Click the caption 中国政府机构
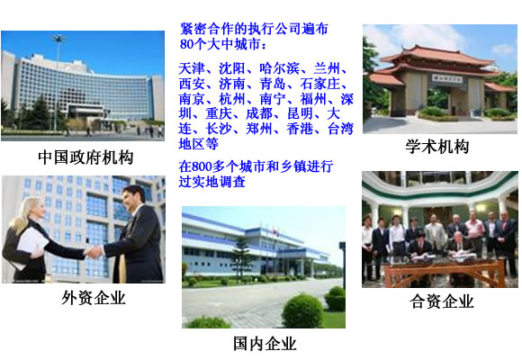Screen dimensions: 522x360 85,157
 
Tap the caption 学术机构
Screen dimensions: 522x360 437,147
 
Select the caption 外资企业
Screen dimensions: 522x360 94,298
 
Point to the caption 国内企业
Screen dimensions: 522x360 265,343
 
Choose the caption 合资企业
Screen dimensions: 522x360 441,301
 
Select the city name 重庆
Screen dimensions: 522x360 219,113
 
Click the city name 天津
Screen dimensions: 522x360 192,68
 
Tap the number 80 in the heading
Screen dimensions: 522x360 186,44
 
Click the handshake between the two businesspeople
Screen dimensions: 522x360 94,251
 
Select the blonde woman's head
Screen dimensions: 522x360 32,211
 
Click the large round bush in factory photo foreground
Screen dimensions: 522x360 302,311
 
